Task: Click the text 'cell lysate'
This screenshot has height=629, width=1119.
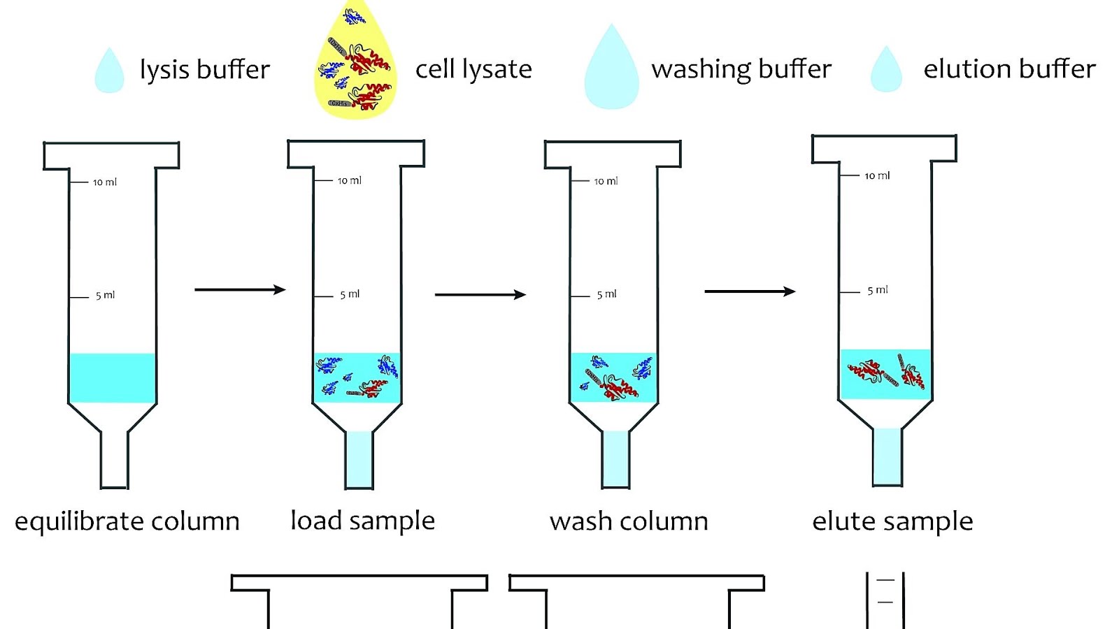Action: tap(473, 69)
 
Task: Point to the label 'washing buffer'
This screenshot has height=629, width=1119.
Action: tap(741, 69)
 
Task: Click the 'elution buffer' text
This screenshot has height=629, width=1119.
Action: tap(1009, 69)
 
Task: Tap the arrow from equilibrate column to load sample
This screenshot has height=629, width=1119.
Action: tap(240, 289)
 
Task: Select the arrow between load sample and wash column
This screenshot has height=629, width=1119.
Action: tap(480, 294)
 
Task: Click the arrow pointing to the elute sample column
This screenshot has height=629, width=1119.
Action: tap(749, 291)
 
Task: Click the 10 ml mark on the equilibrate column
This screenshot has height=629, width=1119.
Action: tap(104, 182)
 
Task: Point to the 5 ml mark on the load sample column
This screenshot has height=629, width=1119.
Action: tap(349, 294)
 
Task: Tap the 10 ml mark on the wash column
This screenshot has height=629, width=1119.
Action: tap(606, 181)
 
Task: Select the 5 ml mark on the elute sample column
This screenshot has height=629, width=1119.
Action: tap(877, 290)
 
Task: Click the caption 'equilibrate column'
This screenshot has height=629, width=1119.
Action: tap(127, 521)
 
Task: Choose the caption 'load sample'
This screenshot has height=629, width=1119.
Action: tap(362, 521)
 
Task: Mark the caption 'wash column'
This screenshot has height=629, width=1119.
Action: tap(629, 521)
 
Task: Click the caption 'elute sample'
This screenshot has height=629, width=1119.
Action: tap(892, 521)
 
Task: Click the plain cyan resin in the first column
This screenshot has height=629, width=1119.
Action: tap(113, 377)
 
